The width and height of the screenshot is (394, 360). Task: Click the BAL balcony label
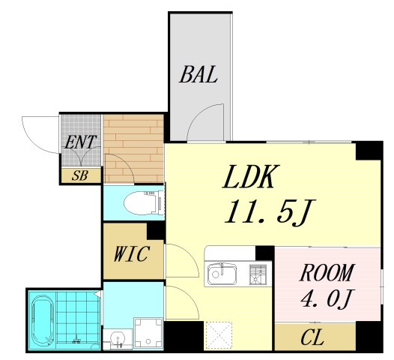pyautogui.click(x=198, y=74)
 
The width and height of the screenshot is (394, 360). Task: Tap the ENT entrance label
pyautogui.click(x=80, y=142)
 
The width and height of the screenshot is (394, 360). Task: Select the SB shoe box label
pyautogui.click(x=80, y=175)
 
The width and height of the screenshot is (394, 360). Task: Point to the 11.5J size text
pyautogui.click(x=270, y=211)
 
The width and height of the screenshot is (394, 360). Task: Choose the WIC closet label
pyautogui.click(x=132, y=253)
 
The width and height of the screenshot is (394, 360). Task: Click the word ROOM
pyautogui.click(x=327, y=272)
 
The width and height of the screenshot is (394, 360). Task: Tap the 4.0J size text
pyautogui.click(x=327, y=298)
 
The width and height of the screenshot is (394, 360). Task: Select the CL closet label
pyautogui.click(x=312, y=337)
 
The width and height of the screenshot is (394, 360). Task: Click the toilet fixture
pyautogui.click(x=143, y=202)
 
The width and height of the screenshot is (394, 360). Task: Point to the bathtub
pyautogui.click(x=43, y=319)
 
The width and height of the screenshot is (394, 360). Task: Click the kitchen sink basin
pyautogui.click(x=222, y=274)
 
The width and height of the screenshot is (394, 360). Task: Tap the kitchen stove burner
pyautogui.click(x=257, y=274)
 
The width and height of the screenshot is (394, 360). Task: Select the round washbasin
pyautogui.click(x=117, y=338)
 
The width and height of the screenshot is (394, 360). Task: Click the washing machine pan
pyautogui.click(x=148, y=333)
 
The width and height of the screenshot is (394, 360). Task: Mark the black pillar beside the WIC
pyautogui.click(x=155, y=231)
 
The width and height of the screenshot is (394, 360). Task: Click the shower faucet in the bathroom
pyautogui.click(x=76, y=340)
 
